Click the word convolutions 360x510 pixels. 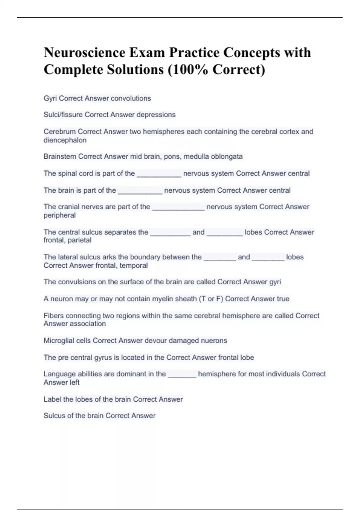[131, 98]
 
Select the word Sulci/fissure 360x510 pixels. [63, 115]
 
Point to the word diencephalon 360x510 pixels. [65, 140]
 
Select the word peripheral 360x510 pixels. [59, 215]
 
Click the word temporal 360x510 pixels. [134, 265]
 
